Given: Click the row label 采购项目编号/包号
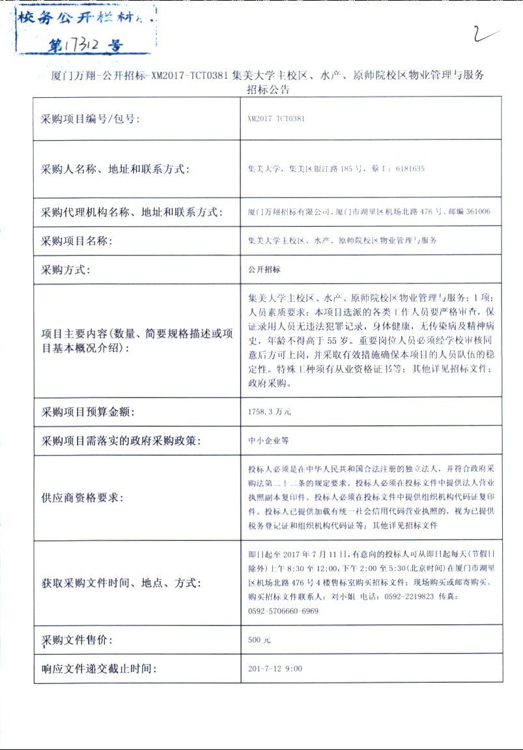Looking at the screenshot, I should tap(91, 119).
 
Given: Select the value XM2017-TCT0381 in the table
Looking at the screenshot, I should tap(276, 119).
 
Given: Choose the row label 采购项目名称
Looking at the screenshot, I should tap(77, 241).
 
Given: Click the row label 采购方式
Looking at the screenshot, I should tap(68, 269).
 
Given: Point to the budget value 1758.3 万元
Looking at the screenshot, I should tap(270, 412).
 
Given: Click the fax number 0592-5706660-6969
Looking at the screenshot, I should tap(283, 611).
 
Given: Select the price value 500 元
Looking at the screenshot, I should tap(259, 641).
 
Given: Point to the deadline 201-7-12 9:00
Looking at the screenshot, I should tap(275, 669).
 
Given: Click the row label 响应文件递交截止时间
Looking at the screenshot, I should tap(99, 669).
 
